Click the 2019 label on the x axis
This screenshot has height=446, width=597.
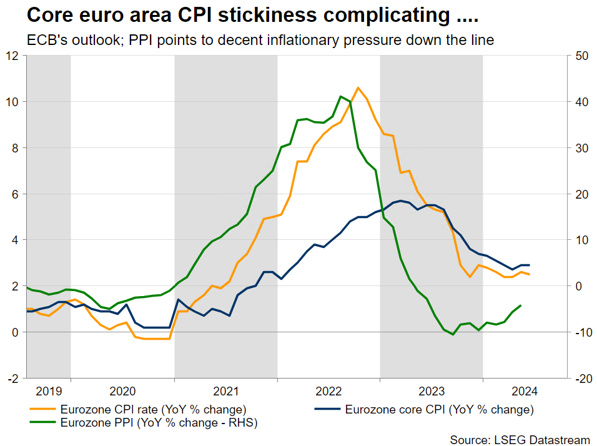click(x=49, y=392)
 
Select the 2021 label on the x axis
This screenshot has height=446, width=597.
click(x=225, y=392)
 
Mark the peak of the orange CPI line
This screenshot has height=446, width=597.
click(x=358, y=87)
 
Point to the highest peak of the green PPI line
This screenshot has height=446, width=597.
click(x=340, y=96)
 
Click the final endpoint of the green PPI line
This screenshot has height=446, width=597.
click(x=521, y=305)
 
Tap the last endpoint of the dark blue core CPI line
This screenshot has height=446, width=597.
click(x=530, y=265)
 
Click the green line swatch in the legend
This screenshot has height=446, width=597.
click(x=42, y=424)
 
